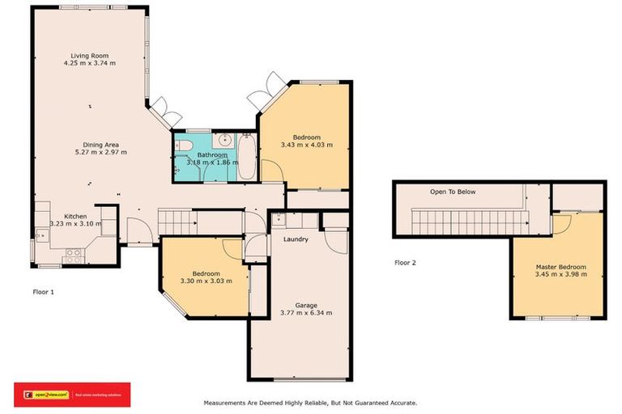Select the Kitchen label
coord(75,216)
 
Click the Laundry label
coord(296,239)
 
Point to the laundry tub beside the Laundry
coord(279,218)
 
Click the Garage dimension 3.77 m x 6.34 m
coord(305,312)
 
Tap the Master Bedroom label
coord(560,267)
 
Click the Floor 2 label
coord(405,262)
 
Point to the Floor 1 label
coord(43,291)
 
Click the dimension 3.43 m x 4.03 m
coord(307,145)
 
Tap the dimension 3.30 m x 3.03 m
coord(206,281)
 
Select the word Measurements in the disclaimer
coord(229,402)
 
